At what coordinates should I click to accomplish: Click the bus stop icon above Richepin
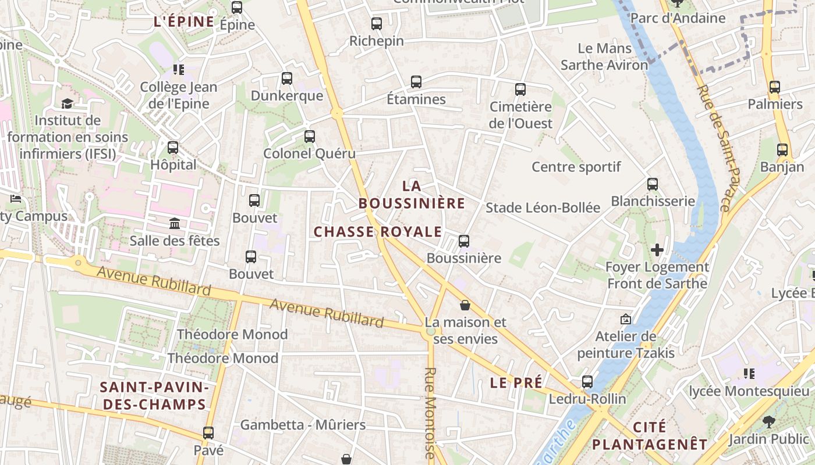(x=377, y=24)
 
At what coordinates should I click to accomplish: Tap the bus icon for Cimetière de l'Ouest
(x=520, y=90)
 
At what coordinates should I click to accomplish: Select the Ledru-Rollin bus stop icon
(x=587, y=382)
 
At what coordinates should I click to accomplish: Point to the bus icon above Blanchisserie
(x=653, y=184)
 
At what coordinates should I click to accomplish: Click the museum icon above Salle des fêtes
(x=174, y=223)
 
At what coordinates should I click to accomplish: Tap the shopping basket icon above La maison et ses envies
(x=465, y=305)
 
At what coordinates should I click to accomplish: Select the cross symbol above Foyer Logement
(x=657, y=251)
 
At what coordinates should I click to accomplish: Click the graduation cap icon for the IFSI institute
(x=67, y=103)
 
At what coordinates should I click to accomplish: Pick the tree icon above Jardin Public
(x=769, y=421)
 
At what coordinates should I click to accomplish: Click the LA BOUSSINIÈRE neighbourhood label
(x=412, y=195)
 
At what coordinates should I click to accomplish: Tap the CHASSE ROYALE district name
(x=378, y=232)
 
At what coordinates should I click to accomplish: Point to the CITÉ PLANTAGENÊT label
(x=650, y=436)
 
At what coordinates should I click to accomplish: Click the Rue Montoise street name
(x=431, y=413)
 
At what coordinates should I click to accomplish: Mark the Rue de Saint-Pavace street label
(x=714, y=148)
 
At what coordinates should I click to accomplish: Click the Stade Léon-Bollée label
(x=543, y=208)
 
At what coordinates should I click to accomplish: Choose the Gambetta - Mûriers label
(x=303, y=425)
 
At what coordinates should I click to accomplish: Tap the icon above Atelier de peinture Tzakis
(x=626, y=319)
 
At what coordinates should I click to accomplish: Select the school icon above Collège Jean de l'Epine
(x=178, y=70)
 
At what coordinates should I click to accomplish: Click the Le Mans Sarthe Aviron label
(x=604, y=56)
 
